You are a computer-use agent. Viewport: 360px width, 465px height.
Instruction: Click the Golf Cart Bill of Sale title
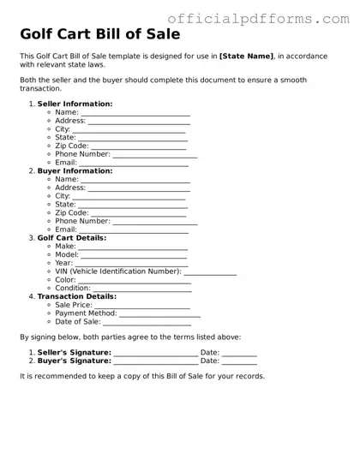pyautogui.click(x=99, y=36)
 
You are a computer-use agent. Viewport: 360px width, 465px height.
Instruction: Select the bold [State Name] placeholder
pyautogui.click(x=247, y=56)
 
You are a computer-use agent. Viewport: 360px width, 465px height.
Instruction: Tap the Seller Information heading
pyautogui.click(x=75, y=104)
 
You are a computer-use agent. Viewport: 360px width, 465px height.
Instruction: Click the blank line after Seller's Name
pyautogui.click(x=135, y=113)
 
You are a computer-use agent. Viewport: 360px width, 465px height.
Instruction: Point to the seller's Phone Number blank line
pyautogui.click(x=154, y=155)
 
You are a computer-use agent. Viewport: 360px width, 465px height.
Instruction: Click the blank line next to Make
pyautogui.click(x=133, y=247)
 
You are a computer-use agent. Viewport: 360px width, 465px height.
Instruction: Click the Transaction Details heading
pyautogui.click(x=77, y=296)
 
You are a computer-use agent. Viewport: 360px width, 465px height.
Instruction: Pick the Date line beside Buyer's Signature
pyautogui.click(x=240, y=361)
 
